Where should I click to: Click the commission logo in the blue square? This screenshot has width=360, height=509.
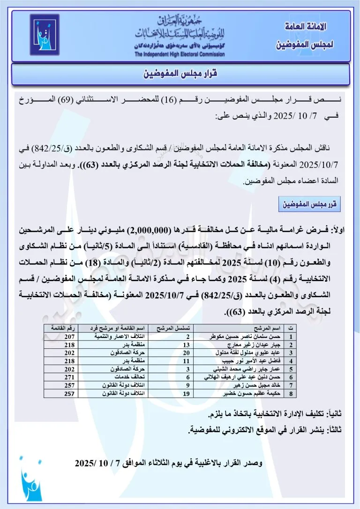click(45, 35)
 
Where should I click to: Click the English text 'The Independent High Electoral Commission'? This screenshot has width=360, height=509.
click(180, 54)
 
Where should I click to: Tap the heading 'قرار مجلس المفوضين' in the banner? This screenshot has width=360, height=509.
click(180, 74)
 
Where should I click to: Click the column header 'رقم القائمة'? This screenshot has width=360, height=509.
click(60, 329)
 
